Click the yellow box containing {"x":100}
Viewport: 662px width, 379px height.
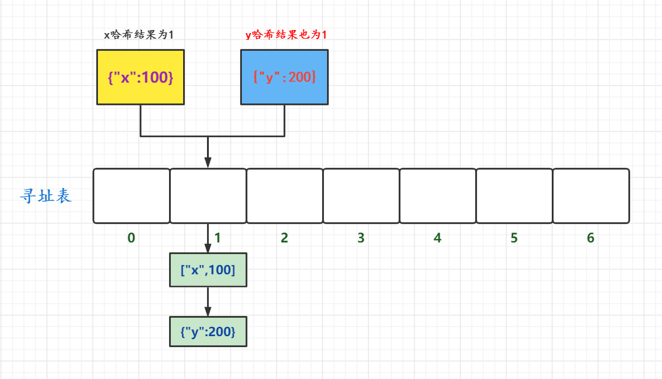pos(140,77)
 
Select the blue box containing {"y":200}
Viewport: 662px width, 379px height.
pos(284,77)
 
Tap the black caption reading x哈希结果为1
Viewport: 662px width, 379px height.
pos(138,35)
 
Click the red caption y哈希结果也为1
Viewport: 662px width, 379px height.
pos(286,35)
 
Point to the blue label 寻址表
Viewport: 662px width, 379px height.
pos(47,197)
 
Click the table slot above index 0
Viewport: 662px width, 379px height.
pos(131,196)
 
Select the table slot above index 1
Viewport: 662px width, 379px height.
pos(208,196)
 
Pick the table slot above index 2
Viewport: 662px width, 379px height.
pos(285,196)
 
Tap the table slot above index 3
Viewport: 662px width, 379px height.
pos(361,196)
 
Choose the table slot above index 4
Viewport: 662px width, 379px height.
pos(438,196)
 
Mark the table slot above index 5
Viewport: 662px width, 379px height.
pos(514,196)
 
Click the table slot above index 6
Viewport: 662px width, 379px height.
pos(591,196)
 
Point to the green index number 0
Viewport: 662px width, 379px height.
pos(131,238)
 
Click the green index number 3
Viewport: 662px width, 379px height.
pos(361,238)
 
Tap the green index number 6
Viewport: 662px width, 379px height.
pos(591,238)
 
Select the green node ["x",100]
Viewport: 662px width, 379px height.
pos(208,270)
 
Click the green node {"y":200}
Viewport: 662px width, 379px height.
pos(208,332)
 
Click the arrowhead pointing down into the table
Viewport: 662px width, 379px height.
pos(208,162)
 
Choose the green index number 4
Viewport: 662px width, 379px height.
pos(437,238)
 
